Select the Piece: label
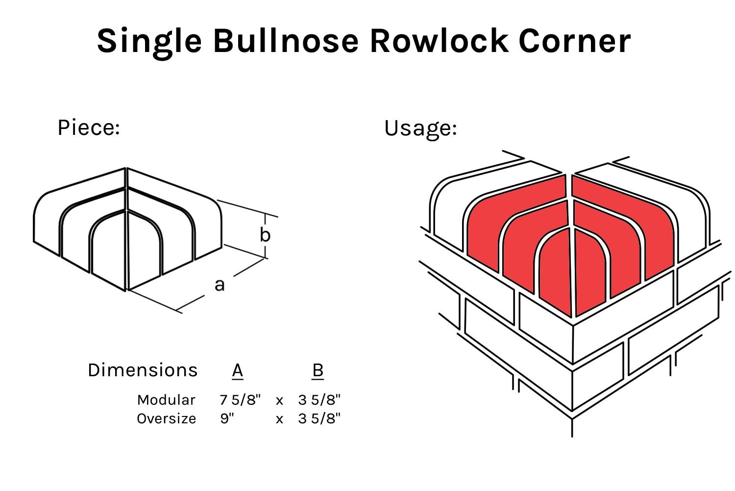pyautogui.click(x=89, y=128)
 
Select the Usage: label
pyautogui.click(x=420, y=128)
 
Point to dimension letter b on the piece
pyautogui.click(x=265, y=235)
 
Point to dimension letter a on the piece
pyautogui.click(x=220, y=284)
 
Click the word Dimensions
pyautogui.click(x=143, y=370)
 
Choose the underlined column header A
pyautogui.click(x=238, y=370)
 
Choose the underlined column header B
pyautogui.click(x=318, y=370)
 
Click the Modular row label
pyautogui.click(x=166, y=400)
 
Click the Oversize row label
pyautogui.click(x=166, y=418)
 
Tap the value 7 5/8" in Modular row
pyautogui.click(x=240, y=400)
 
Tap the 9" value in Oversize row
pyautogui.click(x=227, y=418)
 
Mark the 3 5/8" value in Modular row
pyautogui.click(x=319, y=400)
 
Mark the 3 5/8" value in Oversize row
pyautogui.click(x=319, y=418)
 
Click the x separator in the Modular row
pyautogui.click(x=279, y=401)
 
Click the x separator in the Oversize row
pyautogui.click(x=279, y=419)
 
